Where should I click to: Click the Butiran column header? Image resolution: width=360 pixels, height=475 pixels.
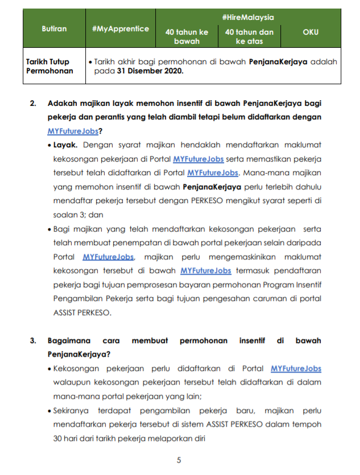tap(54, 28)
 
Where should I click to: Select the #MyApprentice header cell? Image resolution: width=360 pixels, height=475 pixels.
tap(120, 28)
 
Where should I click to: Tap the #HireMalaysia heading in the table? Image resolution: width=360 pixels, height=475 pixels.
tap(248, 18)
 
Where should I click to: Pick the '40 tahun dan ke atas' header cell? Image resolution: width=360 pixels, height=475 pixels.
tap(249, 36)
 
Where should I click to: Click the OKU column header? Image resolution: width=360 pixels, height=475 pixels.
tap(311, 32)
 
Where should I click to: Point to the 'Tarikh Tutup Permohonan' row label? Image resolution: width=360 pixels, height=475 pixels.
tap(50, 67)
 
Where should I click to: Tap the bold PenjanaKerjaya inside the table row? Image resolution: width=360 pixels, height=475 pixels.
tap(278, 61)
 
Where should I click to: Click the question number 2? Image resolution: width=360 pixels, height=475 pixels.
tap(33, 104)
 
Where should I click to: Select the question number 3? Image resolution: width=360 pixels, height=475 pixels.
tap(33, 341)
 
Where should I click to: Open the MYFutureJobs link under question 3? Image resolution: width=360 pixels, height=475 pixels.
tap(296, 369)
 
